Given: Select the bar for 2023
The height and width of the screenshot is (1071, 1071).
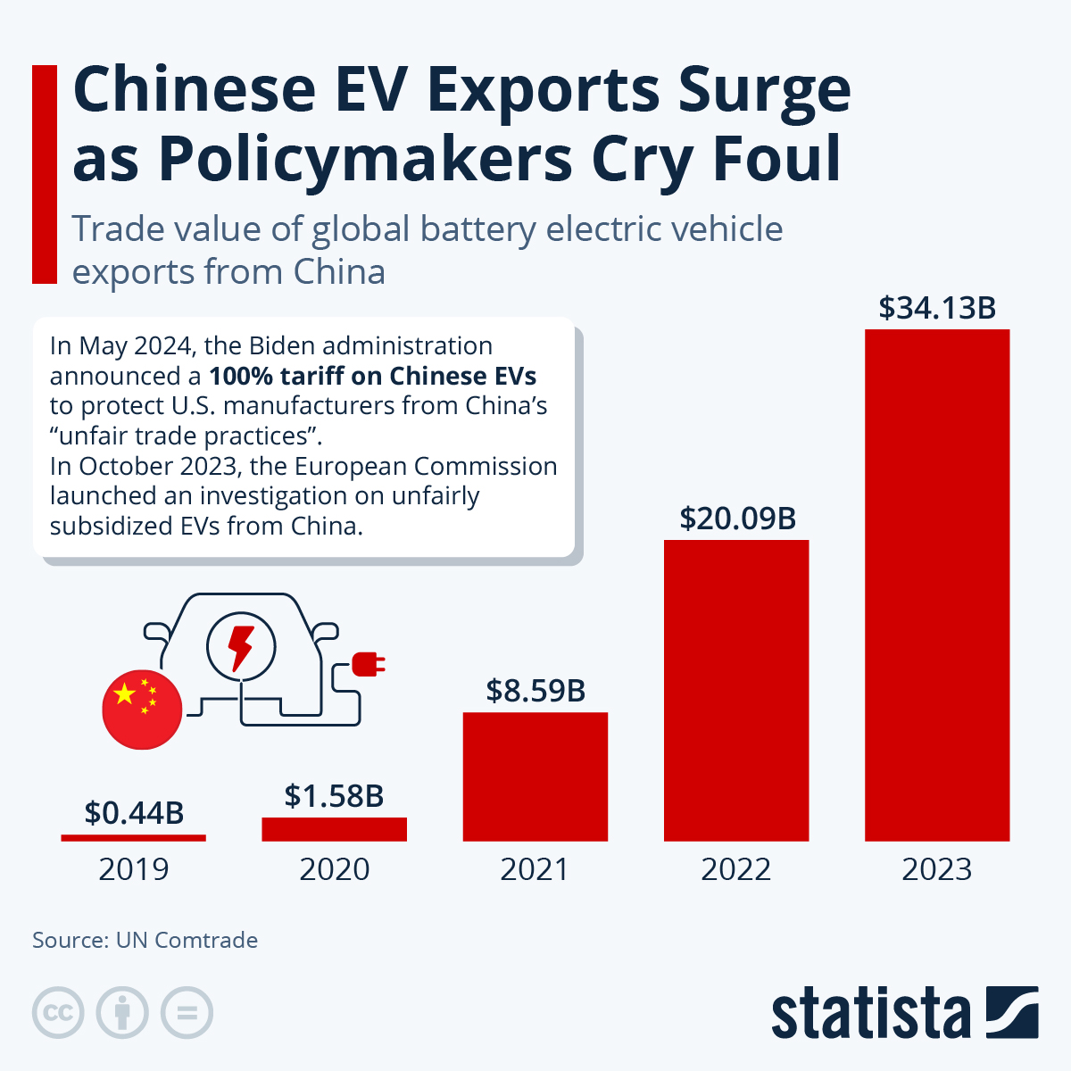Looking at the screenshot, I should click(x=937, y=585).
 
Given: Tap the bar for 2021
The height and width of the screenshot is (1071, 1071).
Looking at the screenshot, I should click(x=535, y=776).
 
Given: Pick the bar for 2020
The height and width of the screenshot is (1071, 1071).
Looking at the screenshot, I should click(x=334, y=829).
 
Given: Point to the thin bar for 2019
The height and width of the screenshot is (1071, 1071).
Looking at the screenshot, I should click(x=133, y=837).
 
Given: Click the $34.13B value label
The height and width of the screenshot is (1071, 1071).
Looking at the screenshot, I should click(x=937, y=308).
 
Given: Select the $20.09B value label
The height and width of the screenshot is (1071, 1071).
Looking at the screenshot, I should click(x=737, y=519).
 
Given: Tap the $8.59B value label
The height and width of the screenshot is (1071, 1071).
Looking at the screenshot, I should click(x=535, y=690).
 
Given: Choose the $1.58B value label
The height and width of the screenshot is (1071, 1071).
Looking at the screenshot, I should click(x=334, y=795).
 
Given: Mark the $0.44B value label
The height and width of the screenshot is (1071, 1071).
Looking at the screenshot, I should click(x=134, y=812).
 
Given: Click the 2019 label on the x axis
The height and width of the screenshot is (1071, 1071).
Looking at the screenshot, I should click(x=133, y=869).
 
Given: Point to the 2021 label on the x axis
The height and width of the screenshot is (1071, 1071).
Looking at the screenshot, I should click(x=535, y=869).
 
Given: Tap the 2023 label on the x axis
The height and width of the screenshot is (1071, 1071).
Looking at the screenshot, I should click(x=936, y=869).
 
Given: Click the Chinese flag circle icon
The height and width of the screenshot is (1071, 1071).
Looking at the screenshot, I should click(x=142, y=708).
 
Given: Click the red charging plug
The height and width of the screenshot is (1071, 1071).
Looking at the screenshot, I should click(x=368, y=664).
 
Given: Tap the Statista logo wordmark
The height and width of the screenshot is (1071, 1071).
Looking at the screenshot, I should click(x=870, y=1014).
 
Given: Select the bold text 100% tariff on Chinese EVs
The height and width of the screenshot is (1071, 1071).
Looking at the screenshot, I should click(x=372, y=376).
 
